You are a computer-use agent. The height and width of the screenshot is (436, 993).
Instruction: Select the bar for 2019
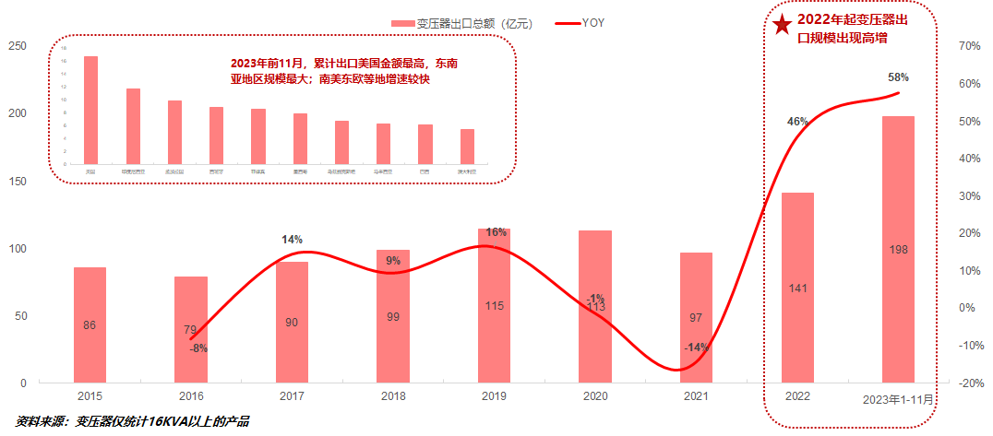click(x=495, y=305)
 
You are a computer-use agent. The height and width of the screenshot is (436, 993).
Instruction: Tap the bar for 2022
click(x=797, y=287)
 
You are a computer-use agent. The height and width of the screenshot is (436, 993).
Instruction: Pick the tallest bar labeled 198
click(x=898, y=249)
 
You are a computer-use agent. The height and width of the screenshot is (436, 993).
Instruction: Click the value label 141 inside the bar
click(x=798, y=289)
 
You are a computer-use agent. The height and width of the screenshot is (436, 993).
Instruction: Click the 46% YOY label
click(x=797, y=121)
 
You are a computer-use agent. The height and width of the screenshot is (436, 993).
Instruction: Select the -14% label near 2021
click(x=696, y=348)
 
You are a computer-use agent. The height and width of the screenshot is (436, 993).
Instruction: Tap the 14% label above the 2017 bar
click(x=293, y=240)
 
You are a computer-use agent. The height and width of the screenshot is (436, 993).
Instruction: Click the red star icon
click(x=783, y=25)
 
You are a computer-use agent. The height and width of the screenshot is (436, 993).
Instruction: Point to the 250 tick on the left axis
click(x=18, y=46)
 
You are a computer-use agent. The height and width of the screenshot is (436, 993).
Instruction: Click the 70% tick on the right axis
click(x=969, y=46)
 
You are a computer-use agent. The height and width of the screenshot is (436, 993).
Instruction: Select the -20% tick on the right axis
click(x=969, y=383)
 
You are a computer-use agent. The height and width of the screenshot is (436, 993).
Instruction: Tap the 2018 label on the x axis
click(x=393, y=397)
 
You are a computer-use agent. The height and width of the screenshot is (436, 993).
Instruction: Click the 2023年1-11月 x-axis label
click(x=898, y=398)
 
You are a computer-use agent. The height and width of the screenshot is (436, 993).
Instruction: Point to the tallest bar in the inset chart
click(x=90, y=110)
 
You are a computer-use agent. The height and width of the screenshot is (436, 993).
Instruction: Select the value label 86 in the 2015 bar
click(x=90, y=325)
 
